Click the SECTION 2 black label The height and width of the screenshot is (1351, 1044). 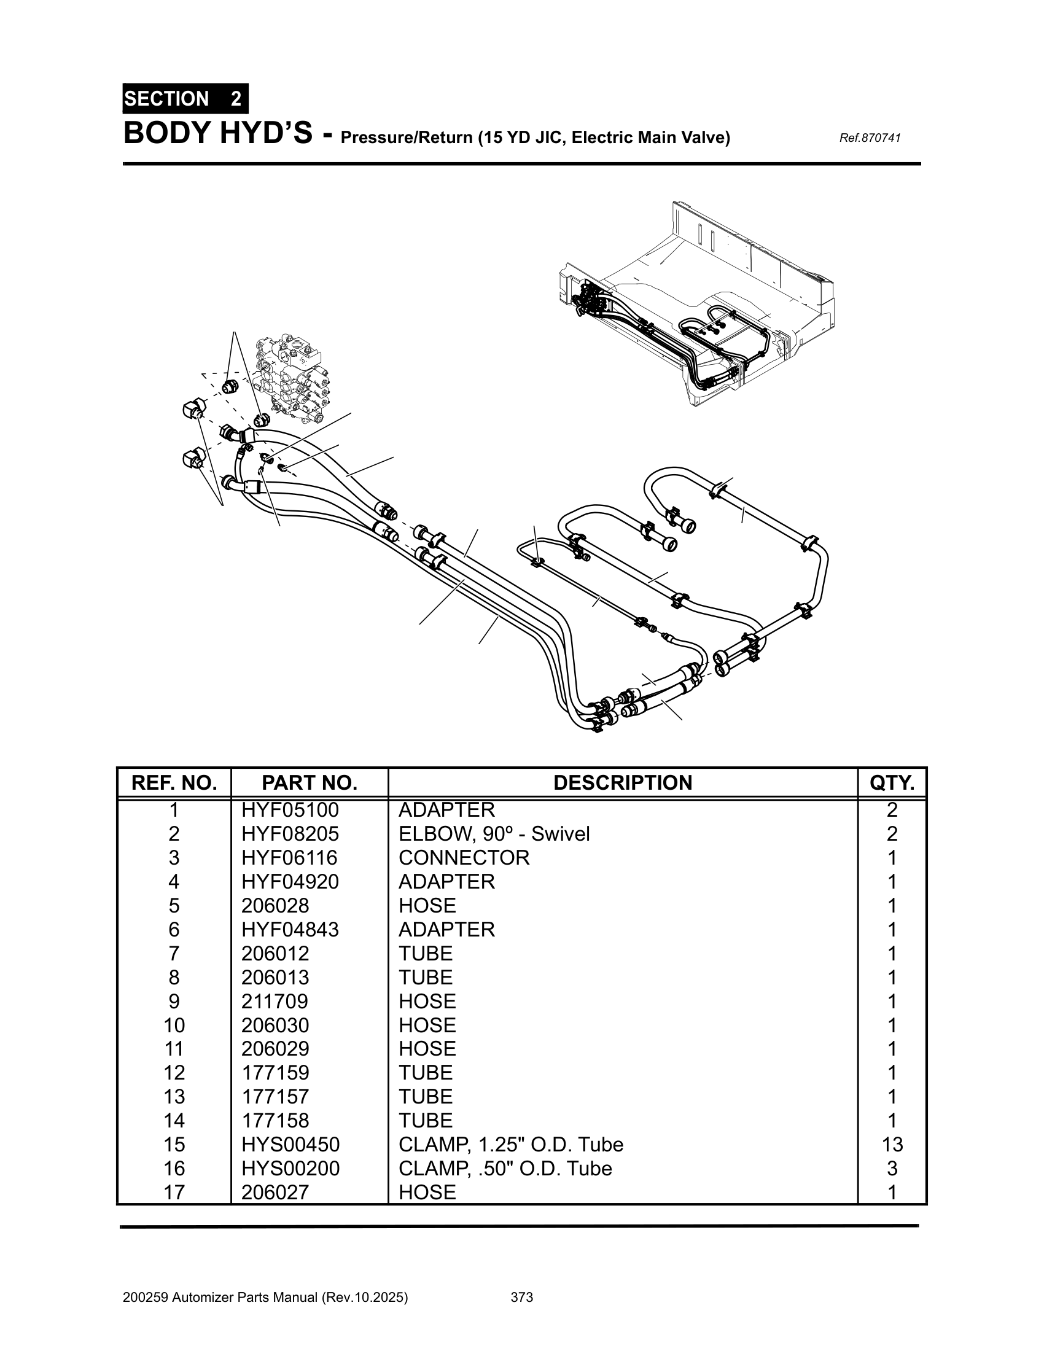coord(185,99)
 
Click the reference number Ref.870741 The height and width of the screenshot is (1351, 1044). coord(869,138)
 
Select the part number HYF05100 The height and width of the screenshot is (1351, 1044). coord(290,810)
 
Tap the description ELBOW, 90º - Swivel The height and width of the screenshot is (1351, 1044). coord(494,834)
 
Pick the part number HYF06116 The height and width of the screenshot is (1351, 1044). coord(289,857)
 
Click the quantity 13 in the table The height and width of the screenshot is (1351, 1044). coord(892,1145)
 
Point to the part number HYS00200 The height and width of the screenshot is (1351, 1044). coord(290,1169)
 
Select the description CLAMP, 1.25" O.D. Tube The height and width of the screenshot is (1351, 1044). coord(510,1145)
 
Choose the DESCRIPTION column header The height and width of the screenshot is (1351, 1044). coord(622,782)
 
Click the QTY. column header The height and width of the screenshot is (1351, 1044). coord(892,782)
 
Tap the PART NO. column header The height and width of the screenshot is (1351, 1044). coord(310,782)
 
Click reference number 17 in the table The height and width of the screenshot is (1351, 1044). coord(174,1192)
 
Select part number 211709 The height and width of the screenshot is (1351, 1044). coord(275,1001)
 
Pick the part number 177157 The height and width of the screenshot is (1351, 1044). coord(275,1096)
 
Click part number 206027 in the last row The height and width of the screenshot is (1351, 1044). coord(275,1192)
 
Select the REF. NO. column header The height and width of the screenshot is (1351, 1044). coord(174,782)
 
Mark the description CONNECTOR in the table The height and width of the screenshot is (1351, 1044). coord(464,857)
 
